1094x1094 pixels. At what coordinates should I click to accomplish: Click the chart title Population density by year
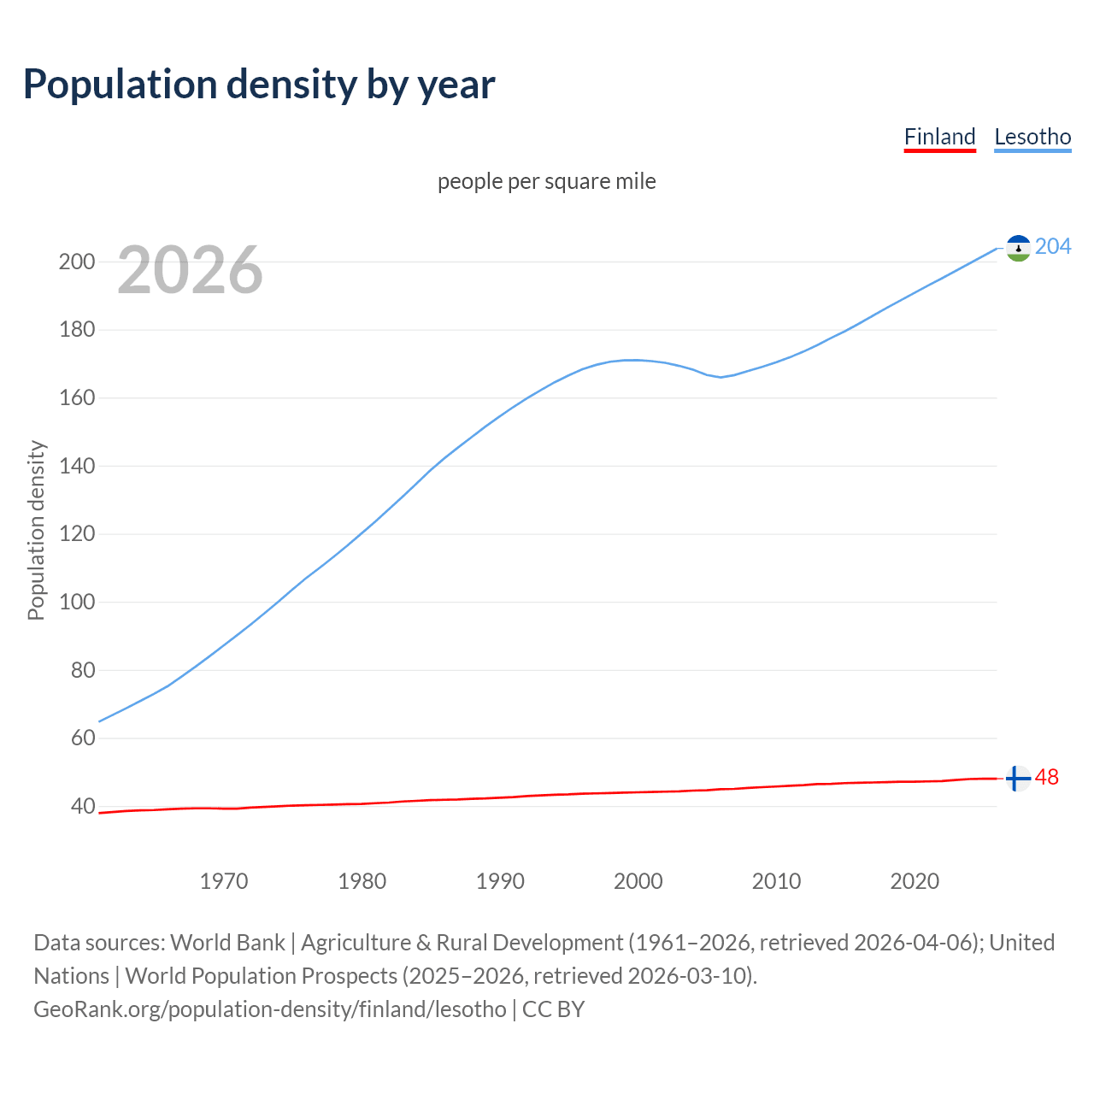[259, 85]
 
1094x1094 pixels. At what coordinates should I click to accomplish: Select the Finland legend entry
[939, 137]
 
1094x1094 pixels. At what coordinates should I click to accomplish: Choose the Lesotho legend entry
[1032, 137]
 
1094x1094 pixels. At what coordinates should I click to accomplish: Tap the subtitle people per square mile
[546, 181]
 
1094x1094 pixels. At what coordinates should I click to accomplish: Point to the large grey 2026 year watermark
[190, 270]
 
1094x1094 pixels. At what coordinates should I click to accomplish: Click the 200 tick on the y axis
[77, 262]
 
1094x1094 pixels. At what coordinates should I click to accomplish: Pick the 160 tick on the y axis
[77, 398]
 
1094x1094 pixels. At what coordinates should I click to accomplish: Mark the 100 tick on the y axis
[77, 603]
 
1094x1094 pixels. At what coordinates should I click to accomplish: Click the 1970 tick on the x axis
[224, 881]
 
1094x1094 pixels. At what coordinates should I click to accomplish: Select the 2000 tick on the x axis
[638, 881]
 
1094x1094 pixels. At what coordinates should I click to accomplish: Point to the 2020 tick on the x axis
[915, 881]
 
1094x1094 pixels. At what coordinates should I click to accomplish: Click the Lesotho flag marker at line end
[1018, 248]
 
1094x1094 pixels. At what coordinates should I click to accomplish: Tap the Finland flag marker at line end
[1017, 779]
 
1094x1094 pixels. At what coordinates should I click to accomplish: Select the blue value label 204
[1053, 247]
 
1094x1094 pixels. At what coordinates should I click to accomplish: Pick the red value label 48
[1047, 778]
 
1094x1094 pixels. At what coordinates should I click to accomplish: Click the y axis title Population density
[36, 530]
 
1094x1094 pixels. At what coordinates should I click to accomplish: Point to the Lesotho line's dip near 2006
[721, 376]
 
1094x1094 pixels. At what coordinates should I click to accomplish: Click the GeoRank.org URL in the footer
[269, 1009]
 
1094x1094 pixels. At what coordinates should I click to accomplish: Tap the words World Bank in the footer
[227, 943]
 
